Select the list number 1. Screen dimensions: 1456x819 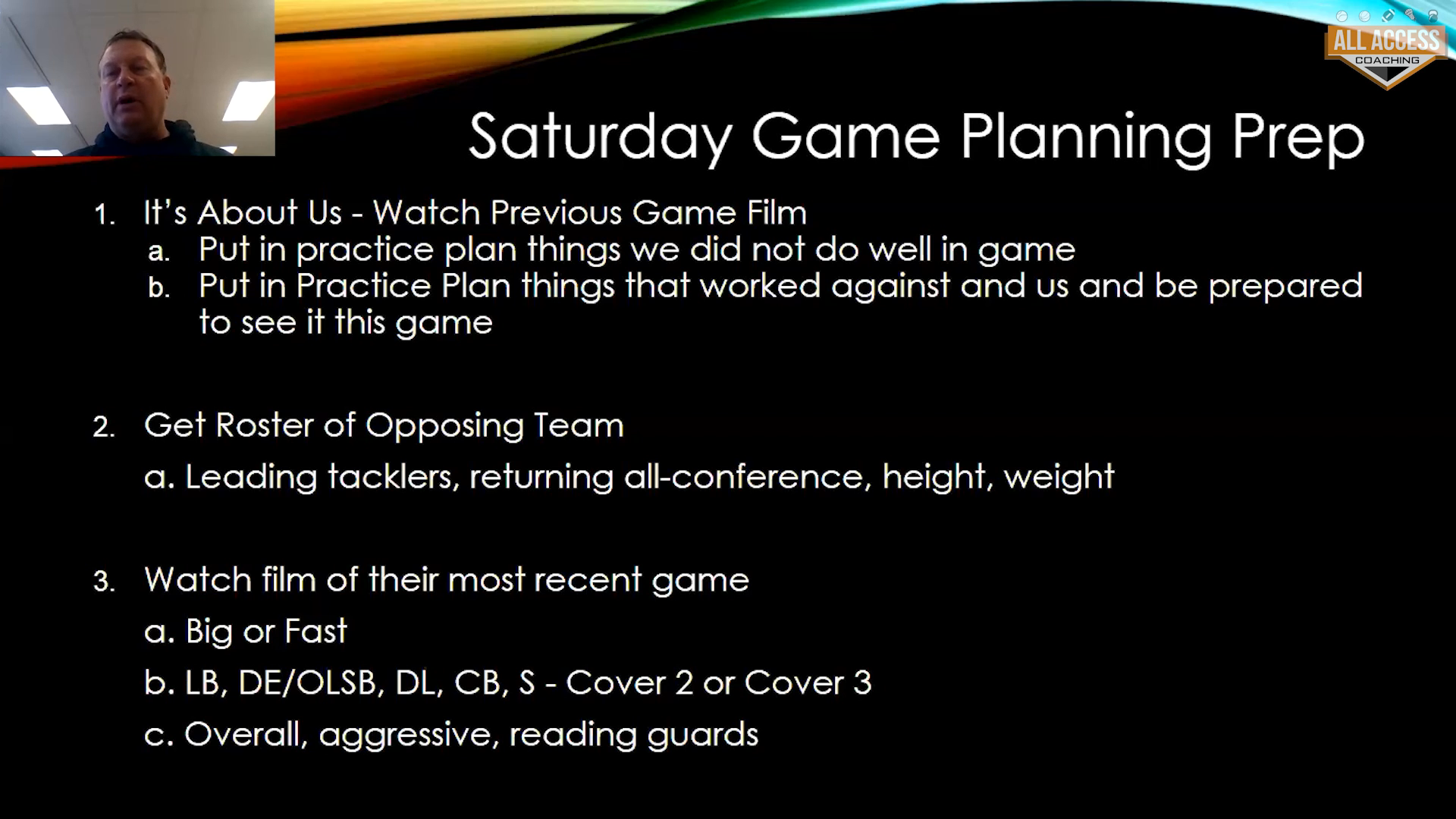point(104,215)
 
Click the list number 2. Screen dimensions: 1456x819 point(104,427)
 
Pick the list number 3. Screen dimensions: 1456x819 point(104,582)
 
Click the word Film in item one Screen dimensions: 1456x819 point(777,212)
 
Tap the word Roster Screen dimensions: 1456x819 point(265,425)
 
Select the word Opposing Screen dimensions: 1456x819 point(444,427)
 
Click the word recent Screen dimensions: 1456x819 point(586,580)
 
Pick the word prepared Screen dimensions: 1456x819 point(1285,287)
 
